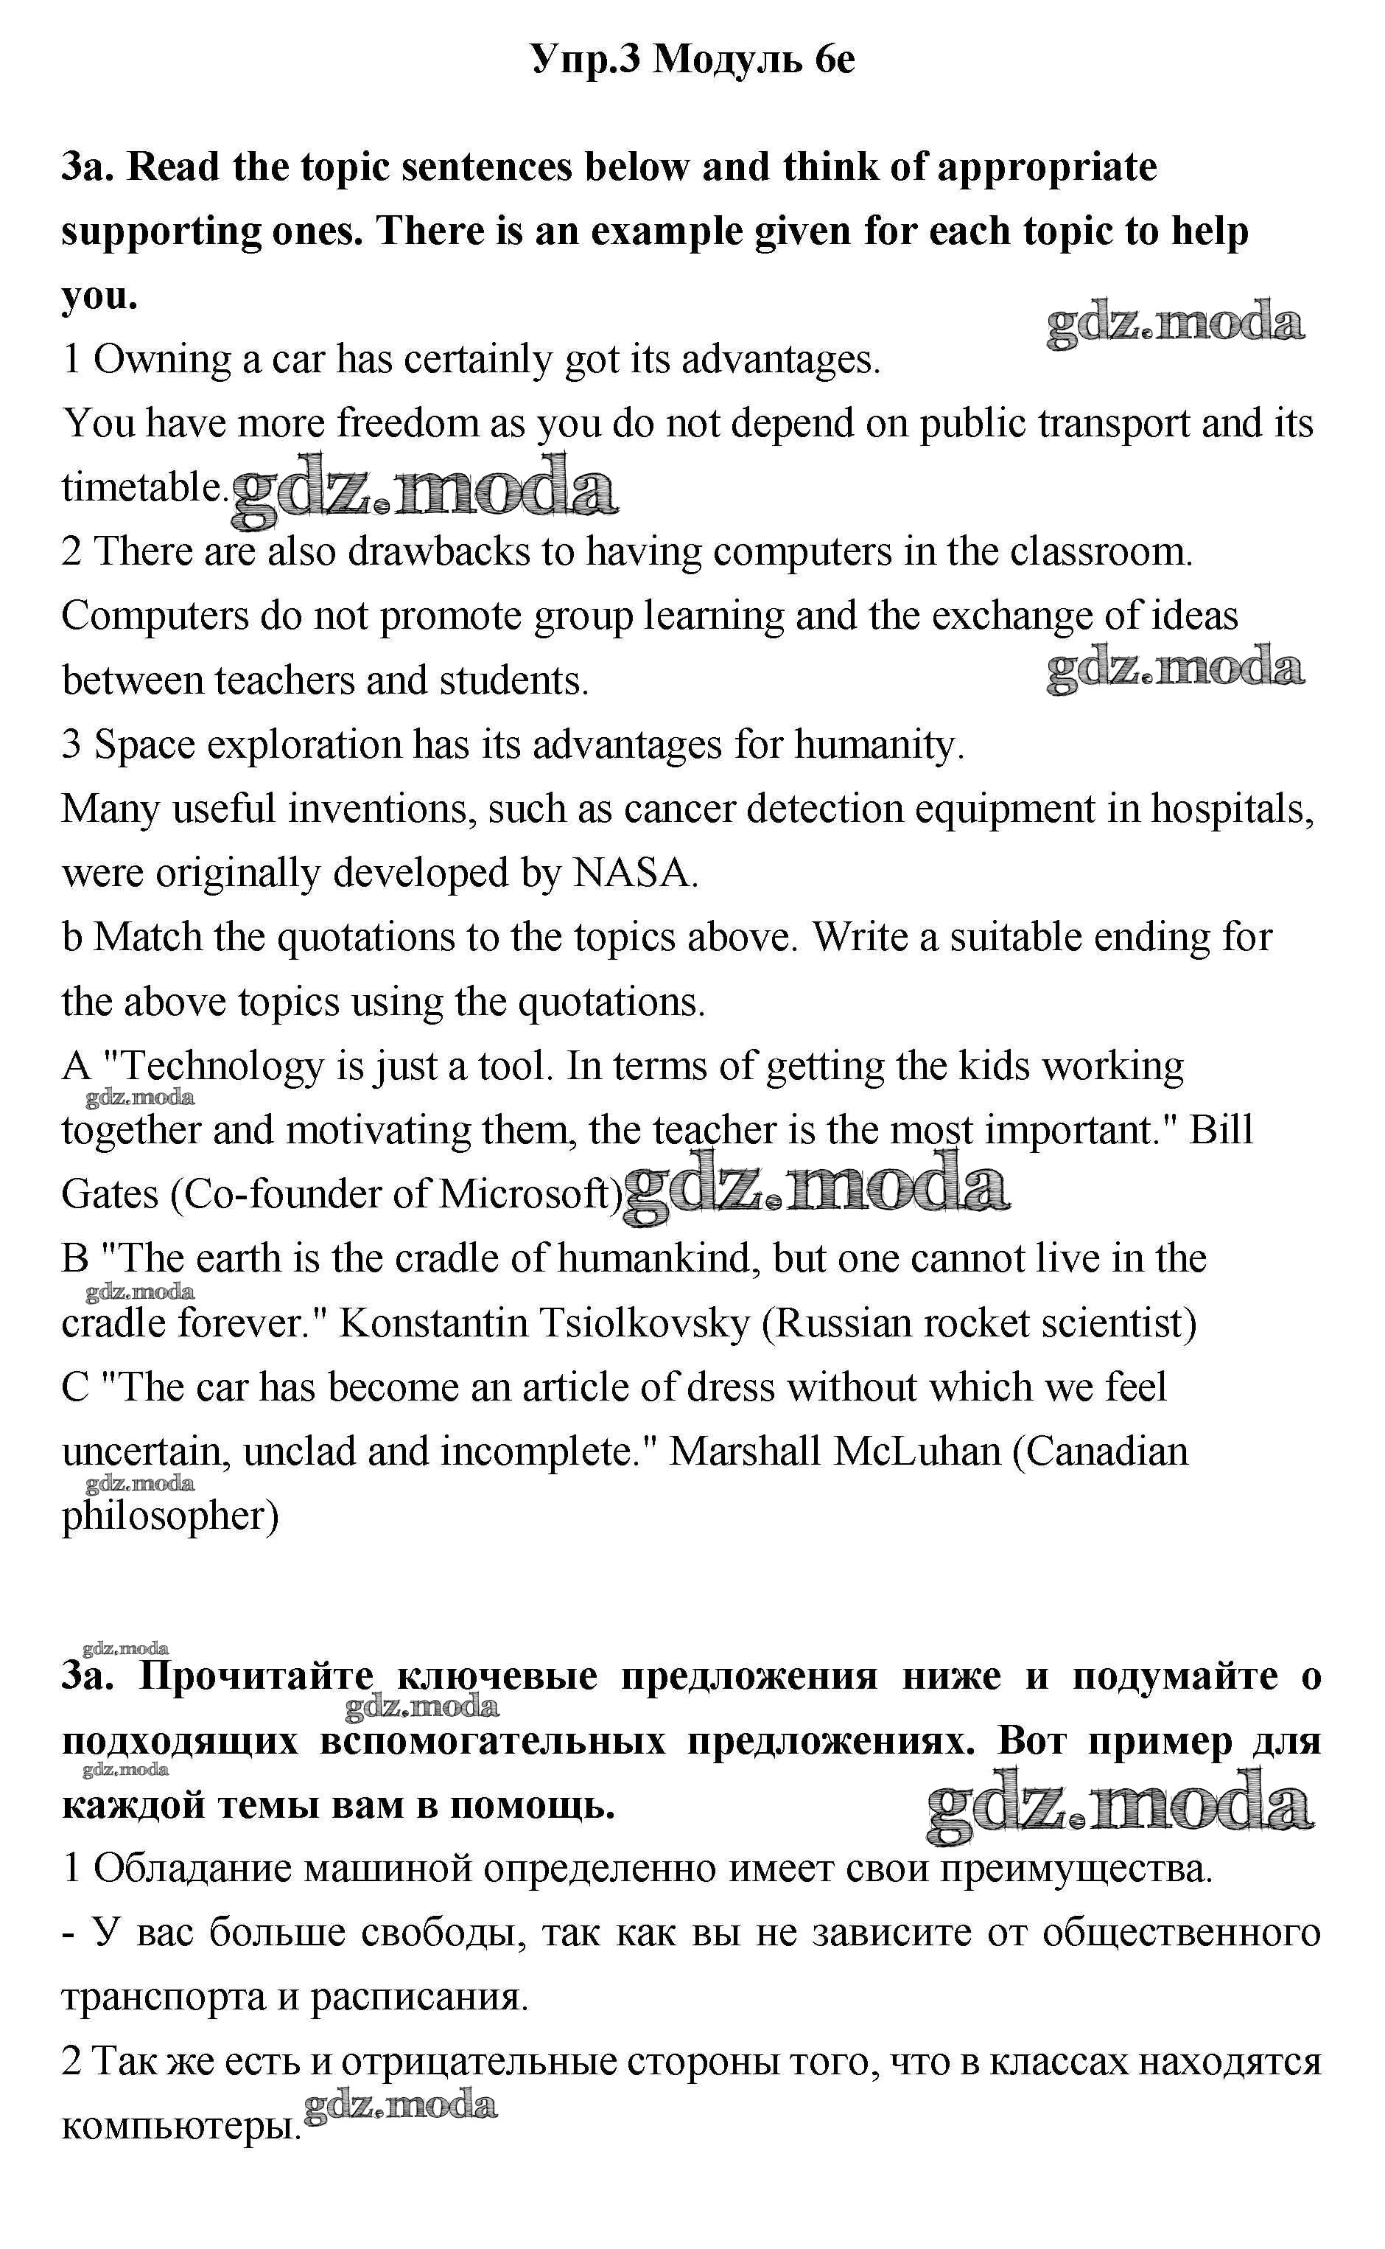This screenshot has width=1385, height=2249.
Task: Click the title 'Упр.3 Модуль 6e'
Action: click(692, 60)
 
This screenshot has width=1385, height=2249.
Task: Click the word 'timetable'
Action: click(142, 487)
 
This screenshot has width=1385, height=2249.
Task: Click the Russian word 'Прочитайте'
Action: click(257, 1676)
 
